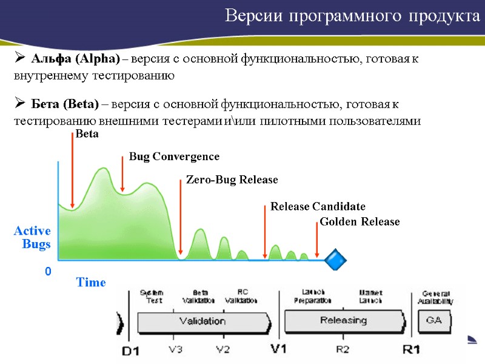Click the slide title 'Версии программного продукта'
[x=352, y=16]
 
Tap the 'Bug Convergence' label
[x=174, y=157]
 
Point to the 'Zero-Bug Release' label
[x=232, y=180]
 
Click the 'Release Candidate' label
[x=318, y=206]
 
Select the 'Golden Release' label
[x=360, y=222]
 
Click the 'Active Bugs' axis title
[x=33, y=237]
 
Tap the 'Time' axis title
[x=90, y=283]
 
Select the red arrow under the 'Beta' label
[x=72, y=176]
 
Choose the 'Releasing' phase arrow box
[x=343, y=320]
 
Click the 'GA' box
[x=434, y=320]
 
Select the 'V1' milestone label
[x=278, y=350]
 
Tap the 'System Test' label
[x=152, y=297]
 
